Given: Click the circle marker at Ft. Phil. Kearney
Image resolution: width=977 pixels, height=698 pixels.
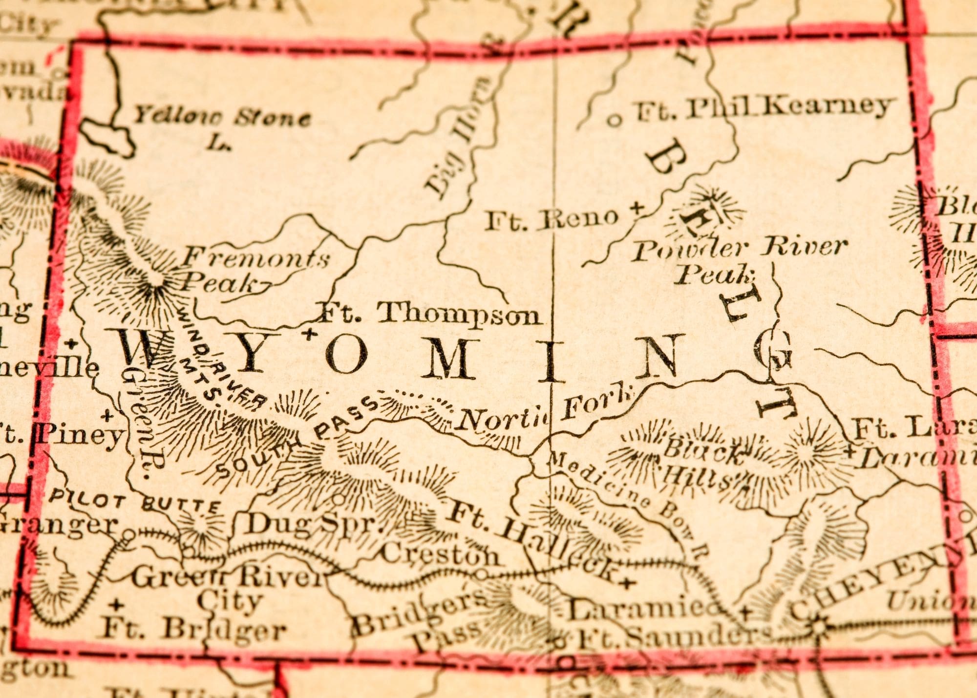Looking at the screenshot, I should click(x=616, y=119).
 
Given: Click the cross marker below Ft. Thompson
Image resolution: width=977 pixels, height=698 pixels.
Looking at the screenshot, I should click(x=308, y=335).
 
